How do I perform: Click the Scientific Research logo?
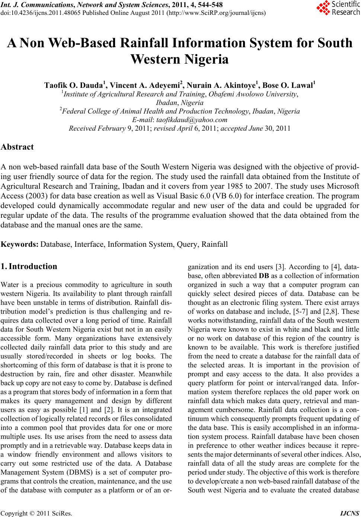coord(338,8)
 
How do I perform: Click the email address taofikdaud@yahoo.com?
coord(192,120)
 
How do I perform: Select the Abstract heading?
coord(17,147)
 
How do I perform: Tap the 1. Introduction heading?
coord(29,267)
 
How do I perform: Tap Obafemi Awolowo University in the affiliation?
coord(253,94)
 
